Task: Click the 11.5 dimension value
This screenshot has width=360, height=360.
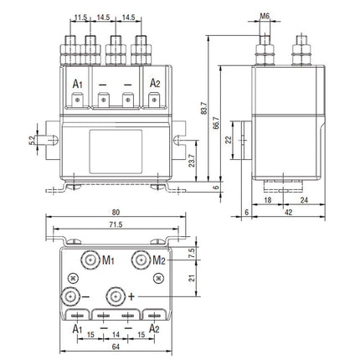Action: pyautogui.click(x=80, y=18)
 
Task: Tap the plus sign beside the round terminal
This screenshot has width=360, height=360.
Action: pyautogui.click(x=131, y=296)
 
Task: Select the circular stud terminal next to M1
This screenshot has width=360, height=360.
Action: pyautogui.click(x=88, y=257)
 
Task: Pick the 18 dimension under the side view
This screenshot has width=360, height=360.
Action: pyautogui.click(x=265, y=201)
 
